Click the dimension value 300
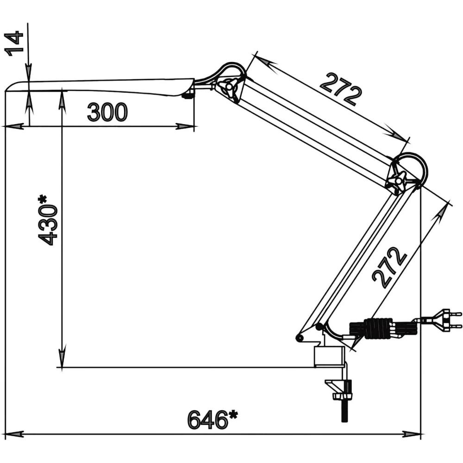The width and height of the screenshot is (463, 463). (107, 112)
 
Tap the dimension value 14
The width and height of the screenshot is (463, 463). (14, 43)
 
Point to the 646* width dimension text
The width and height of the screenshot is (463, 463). (213, 419)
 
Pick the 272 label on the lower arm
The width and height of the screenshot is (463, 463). (389, 267)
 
